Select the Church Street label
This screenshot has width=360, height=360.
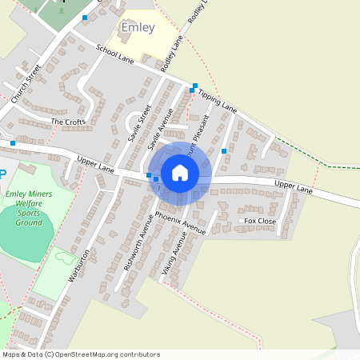26,84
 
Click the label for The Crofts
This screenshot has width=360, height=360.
66,122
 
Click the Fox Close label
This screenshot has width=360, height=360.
260,221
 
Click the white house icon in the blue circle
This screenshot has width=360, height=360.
180,172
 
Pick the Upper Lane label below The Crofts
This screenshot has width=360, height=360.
96,165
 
